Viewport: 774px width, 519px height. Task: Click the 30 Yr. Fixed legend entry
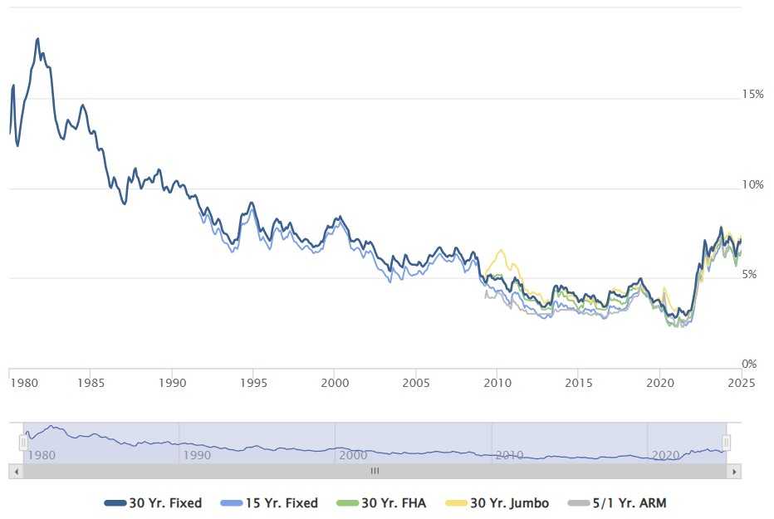tap(154, 503)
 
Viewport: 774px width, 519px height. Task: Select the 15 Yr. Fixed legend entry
tap(269, 503)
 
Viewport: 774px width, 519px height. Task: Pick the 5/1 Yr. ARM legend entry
tap(617, 503)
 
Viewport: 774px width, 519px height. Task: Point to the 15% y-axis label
tap(752, 95)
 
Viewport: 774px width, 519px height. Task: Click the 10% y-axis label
tap(752, 184)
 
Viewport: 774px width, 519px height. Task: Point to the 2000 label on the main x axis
tap(334, 383)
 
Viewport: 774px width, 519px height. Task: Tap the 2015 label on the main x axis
tap(579, 383)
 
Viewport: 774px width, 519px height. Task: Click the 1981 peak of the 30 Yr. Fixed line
tap(37, 39)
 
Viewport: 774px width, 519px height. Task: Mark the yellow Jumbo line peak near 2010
tap(500, 250)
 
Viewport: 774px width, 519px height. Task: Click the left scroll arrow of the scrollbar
tap(15, 471)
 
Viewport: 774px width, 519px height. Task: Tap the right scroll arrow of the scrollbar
tap(734, 471)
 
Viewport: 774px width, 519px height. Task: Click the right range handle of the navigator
tap(727, 443)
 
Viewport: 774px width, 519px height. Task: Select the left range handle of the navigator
tap(23, 443)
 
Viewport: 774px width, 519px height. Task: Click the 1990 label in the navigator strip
tap(196, 455)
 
